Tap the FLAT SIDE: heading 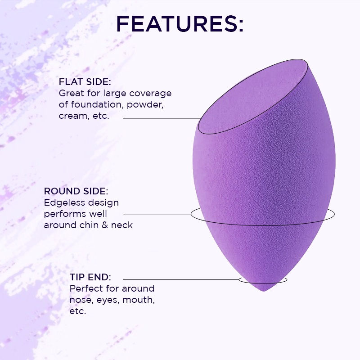[x=85, y=82]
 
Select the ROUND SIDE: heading [x=76, y=191]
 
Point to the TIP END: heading [x=90, y=277]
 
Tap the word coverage [x=151, y=94]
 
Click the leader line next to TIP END [x=180, y=279]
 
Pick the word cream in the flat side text [x=72, y=116]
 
